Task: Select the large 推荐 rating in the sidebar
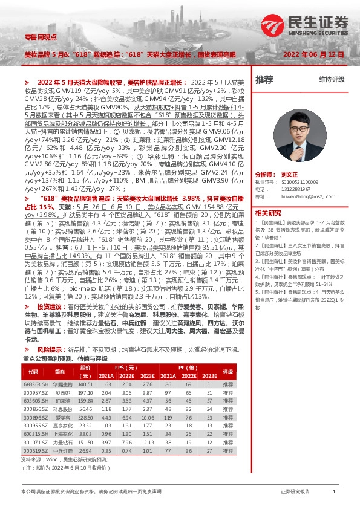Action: pos(264,79)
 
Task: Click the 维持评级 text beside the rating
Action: pos(332,79)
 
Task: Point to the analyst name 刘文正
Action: pos(290,173)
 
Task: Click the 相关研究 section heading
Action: pos(268,213)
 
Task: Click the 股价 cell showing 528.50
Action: pos(85,417)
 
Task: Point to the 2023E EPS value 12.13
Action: pos(148,442)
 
